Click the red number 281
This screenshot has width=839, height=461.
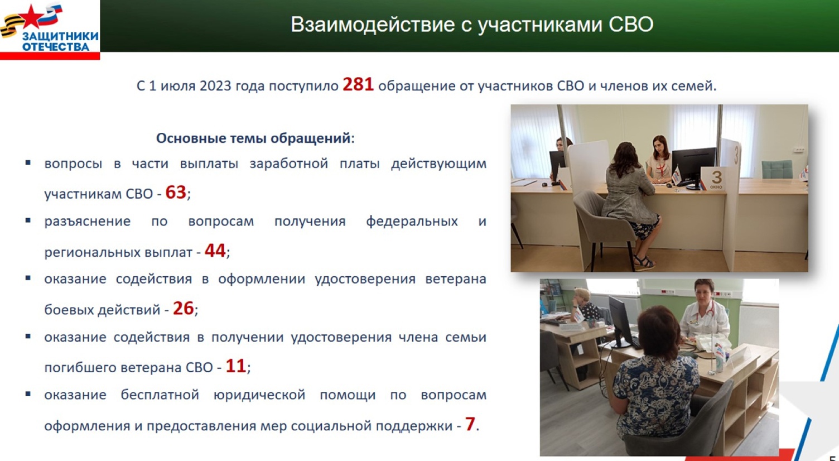pos(358,84)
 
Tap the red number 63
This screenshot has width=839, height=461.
pos(176,193)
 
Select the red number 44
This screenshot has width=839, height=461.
pos(215,251)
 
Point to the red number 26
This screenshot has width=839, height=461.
pos(183,309)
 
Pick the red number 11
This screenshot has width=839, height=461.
pos(235,366)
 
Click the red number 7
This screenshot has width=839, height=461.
pos(470,424)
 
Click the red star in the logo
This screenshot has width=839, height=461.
pos(31,17)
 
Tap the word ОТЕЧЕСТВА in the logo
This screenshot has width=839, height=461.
pos(56,47)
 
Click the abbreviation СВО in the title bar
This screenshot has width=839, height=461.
pos(631,25)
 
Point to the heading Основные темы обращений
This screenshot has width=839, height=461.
pos(253,138)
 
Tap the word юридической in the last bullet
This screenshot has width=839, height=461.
pos(259,395)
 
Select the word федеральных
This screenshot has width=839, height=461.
pos(412,222)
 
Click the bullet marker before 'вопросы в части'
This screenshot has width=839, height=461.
pos(28,162)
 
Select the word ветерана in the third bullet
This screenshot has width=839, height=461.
pos(455,279)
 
